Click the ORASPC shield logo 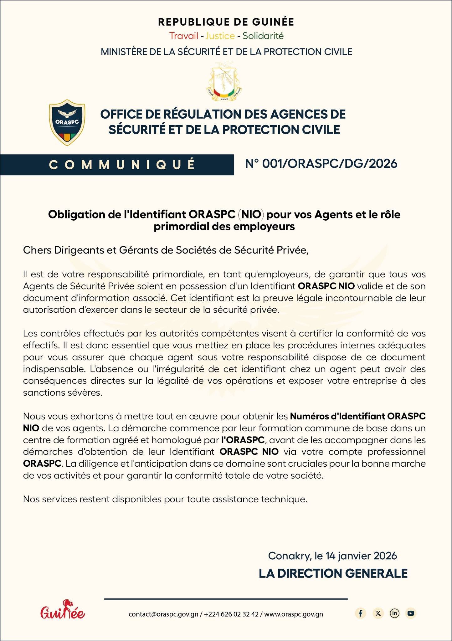pos(67,122)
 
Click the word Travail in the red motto pos(184,36)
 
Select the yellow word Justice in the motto pos(220,36)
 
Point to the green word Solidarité pos(263,36)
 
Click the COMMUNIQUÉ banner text pos(122,165)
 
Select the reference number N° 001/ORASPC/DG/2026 pos(321,163)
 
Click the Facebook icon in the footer pos(361,613)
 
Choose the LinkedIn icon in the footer pos(394,613)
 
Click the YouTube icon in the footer pos(411,613)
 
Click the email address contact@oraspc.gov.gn pos(163,614)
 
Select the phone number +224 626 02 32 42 pos(231,614)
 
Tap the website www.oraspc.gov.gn pos(294,614)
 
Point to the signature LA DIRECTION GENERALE pos(333,573)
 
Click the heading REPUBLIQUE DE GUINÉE pos(226,22)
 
